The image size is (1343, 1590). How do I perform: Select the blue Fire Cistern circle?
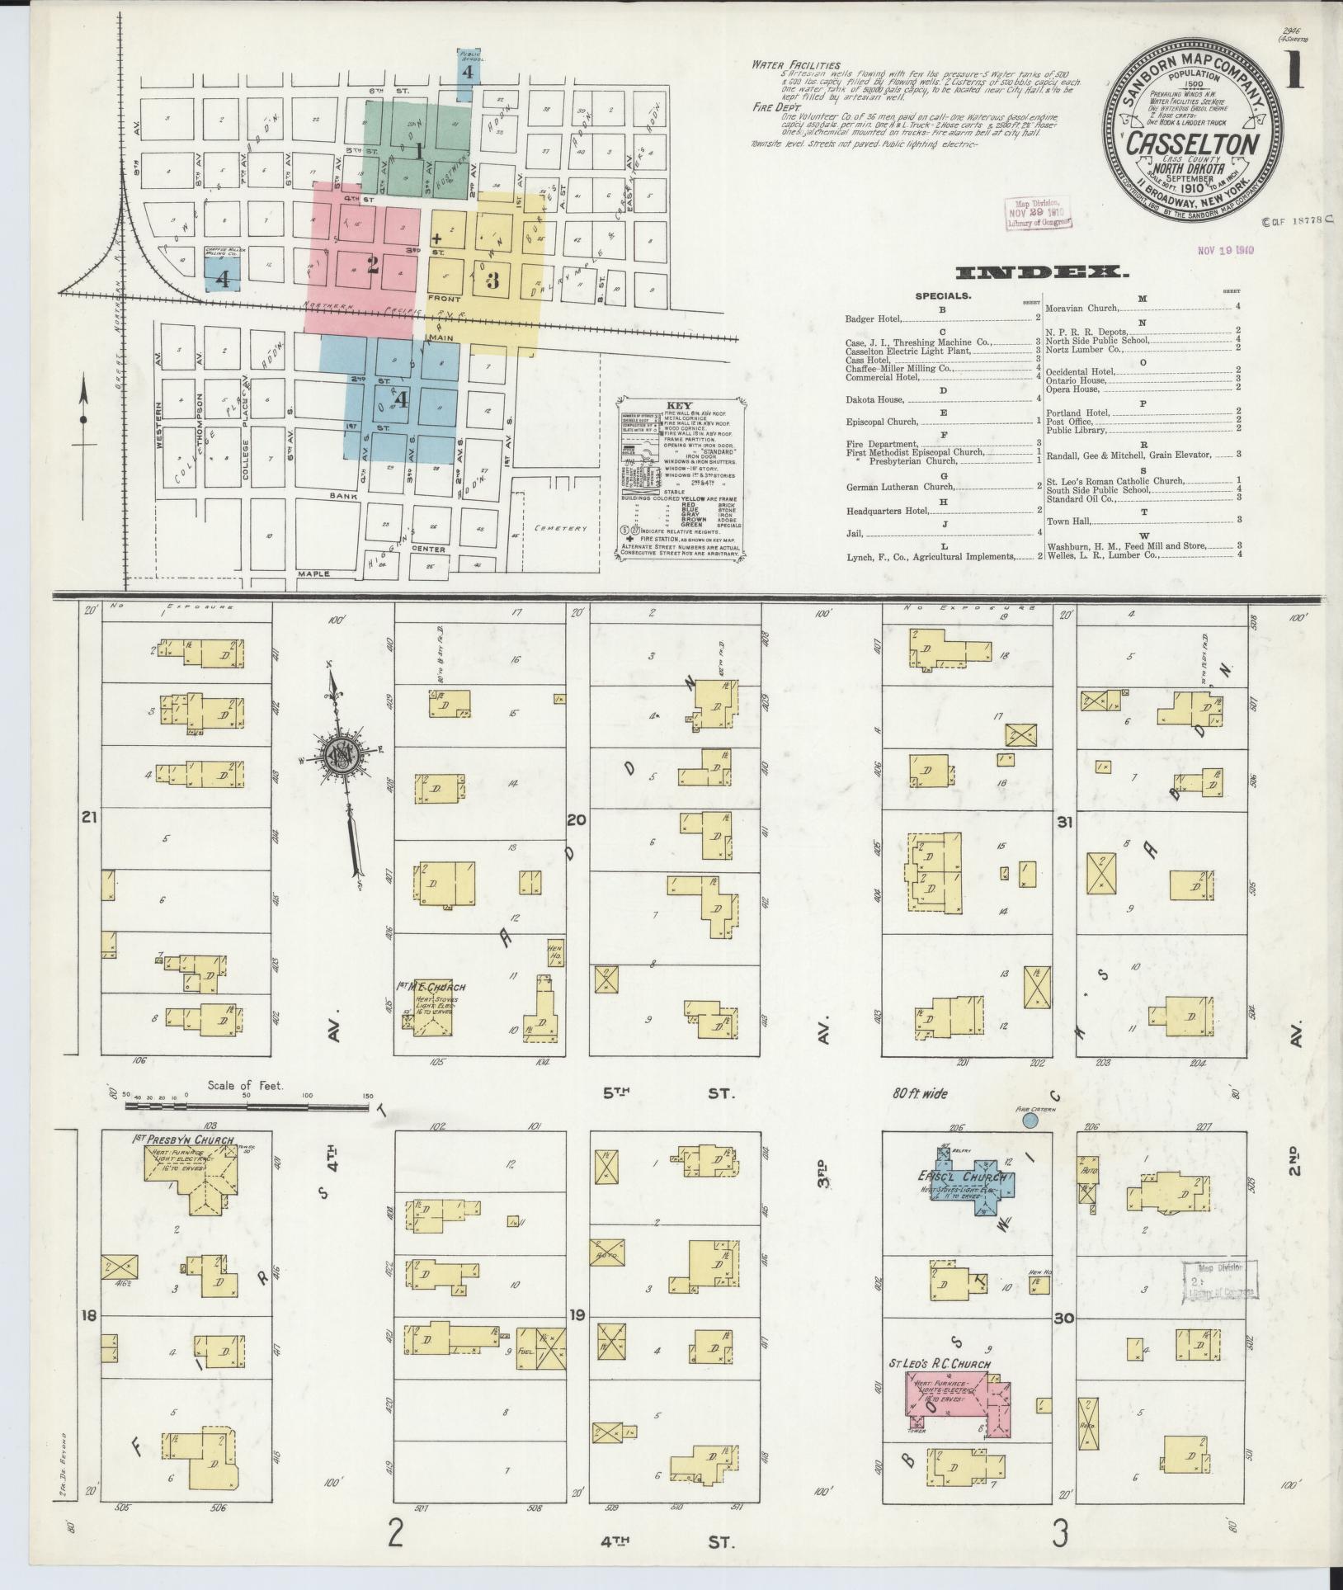pyautogui.click(x=1030, y=1121)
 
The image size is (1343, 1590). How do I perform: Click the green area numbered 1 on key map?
pyautogui.click(x=418, y=150)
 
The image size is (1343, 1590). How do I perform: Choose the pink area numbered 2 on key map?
pyautogui.click(x=373, y=264)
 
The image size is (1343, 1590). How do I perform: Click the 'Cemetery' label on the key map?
pyautogui.click(x=559, y=529)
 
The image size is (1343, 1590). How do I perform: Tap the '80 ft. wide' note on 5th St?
pyautogui.click(x=919, y=1094)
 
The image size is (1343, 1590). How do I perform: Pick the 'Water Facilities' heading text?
pyautogui.click(x=795, y=65)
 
